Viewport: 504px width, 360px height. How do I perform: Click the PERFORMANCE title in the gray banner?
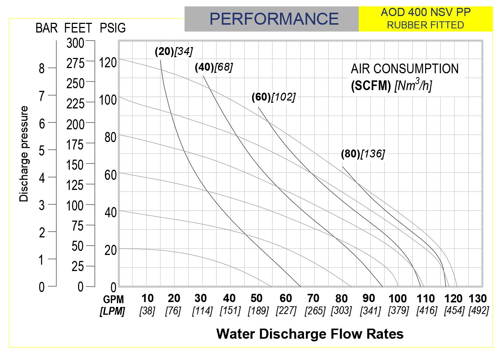click(274, 19)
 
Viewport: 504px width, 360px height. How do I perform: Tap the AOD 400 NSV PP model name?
click(425, 12)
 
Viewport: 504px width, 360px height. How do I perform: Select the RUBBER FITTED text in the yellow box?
click(425, 25)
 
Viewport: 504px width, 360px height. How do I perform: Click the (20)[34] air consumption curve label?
click(174, 51)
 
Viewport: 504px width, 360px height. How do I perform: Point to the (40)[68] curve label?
click(214, 67)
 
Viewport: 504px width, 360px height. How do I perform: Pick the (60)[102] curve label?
click(273, 97)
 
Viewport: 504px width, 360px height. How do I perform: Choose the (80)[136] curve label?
click(363, 154)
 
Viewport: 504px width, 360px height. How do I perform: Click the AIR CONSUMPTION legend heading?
click(405, 69)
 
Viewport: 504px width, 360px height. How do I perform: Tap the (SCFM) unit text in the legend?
click(371, 86)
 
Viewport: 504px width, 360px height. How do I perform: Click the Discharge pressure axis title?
click(24, 154)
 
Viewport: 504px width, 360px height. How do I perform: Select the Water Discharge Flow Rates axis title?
click(310, 333)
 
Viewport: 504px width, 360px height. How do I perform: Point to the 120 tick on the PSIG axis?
click(108, 62)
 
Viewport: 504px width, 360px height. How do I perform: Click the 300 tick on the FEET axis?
click(76, 43)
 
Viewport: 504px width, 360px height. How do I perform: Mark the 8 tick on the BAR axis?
click(42, 68)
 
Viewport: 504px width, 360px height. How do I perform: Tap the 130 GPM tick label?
click(478, 298)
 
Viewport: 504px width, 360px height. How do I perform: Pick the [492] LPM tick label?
click(479, 310)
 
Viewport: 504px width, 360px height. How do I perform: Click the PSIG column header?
click(113, 28)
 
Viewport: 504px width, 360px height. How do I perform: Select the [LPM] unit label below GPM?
click(112, 311)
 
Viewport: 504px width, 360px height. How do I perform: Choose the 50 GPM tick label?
click(256, 298)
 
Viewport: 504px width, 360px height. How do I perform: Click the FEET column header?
click(78, 28)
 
